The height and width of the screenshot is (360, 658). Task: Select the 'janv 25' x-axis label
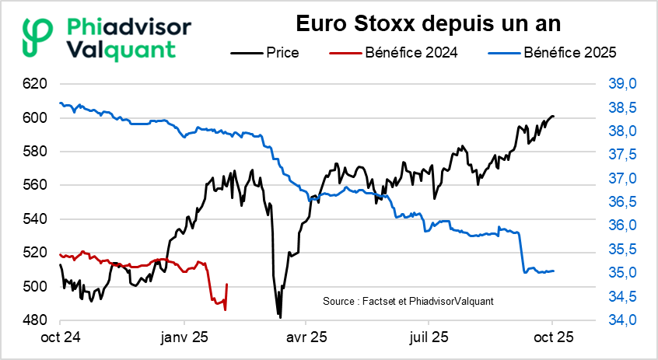(184, 338)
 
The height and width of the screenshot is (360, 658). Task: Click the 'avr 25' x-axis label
(306, 338)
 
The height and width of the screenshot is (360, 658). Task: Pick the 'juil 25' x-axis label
(428, 338)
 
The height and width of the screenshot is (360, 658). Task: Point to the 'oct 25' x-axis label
(552, 338)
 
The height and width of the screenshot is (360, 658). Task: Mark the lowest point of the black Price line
(280, 316)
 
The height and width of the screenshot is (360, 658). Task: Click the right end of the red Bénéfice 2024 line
(226, 285)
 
